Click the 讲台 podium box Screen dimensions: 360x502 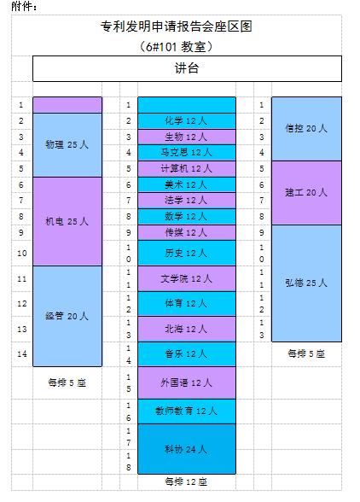click(187, 68)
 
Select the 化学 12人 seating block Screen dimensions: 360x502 click(187, 120)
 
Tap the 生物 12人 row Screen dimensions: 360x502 click(187, 137)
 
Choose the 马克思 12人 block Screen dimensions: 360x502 click(187, 152)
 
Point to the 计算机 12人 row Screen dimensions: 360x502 click(187, 169)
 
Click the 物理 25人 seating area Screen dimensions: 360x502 click(67, 145)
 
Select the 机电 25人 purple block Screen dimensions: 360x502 click(67, 221)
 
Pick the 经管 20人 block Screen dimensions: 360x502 click(67, 316)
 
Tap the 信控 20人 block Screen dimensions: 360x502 click(306, 129)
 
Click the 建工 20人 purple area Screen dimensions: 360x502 click(306, 193)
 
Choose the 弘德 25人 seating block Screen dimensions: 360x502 click(306, 283)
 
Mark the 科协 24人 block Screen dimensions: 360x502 click(187, 449)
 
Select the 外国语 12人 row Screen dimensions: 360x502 click(187, 382)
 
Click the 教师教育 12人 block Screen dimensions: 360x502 click(187, 412)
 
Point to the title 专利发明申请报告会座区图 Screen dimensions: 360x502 click(177, 26)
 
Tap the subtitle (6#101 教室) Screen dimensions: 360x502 click(177, 47)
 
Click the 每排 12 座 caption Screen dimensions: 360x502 click(186, 482)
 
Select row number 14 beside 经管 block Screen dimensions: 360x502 click(22, 354)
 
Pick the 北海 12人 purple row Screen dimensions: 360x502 click(187, 329)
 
